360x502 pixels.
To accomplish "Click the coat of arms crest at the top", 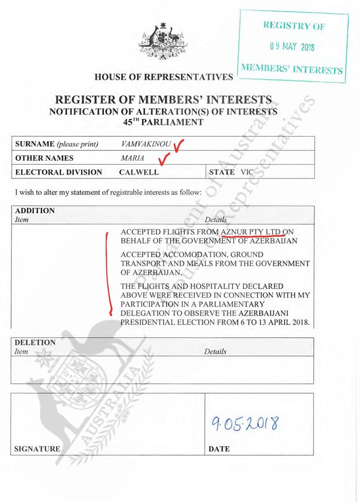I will coord(162,41).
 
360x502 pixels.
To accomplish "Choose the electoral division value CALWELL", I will coord(138,172).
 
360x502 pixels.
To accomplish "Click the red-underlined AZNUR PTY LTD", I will coord(251,231).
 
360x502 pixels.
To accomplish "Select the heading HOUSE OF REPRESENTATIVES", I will coord(164,77).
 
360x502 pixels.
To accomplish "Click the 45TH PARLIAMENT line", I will coord(163,122).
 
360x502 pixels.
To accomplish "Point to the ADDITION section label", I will coord(35,211).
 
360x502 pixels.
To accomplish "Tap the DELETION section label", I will coord(36,343).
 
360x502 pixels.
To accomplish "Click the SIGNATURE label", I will coord(37,449).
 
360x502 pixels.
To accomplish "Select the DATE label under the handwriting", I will coord(219,449).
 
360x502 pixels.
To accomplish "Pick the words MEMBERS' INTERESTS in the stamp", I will coord(292,68).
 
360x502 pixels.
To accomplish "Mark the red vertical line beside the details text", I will coord(108,272).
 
